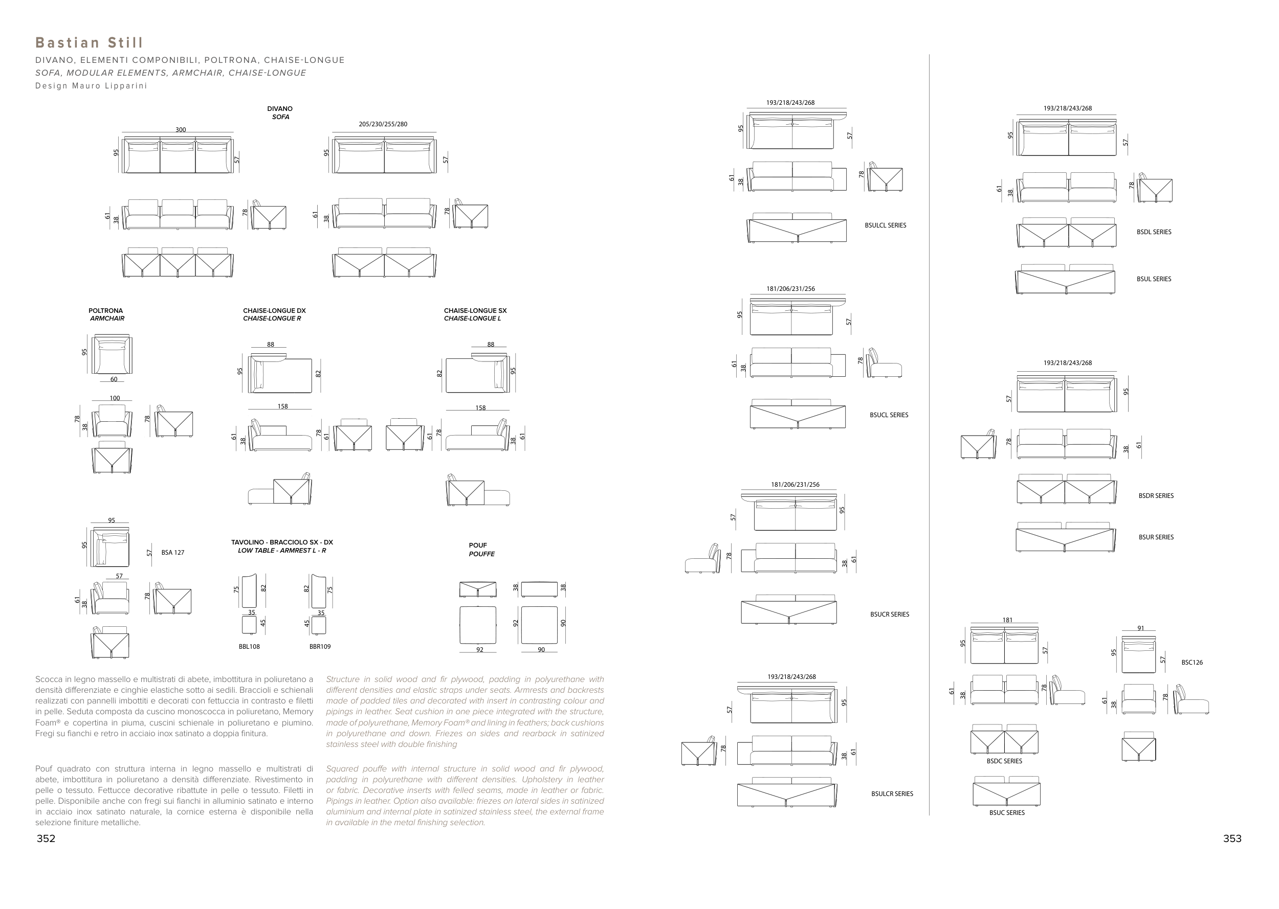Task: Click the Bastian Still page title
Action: point(90,43)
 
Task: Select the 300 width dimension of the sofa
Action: point(180,130)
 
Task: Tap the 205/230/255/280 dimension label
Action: point(383,124)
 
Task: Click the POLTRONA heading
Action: point(105,311)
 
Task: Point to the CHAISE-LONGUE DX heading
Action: point(274,311)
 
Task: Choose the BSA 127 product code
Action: point(172,553)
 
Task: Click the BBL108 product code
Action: point(249,647)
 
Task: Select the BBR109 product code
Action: point(320,647)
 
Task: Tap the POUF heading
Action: point(478,545)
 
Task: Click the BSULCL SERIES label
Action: point(886,225)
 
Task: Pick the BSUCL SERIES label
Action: point(889,415)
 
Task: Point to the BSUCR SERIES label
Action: point(889,615)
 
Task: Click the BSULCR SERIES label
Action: point(892,793)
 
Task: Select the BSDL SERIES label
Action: point(1154,232)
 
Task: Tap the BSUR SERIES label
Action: point(1156,537)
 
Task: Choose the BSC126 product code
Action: point(1192,663)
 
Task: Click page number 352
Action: point(46,838)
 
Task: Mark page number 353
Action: point(1232,838)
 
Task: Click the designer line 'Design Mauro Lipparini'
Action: point(91,86)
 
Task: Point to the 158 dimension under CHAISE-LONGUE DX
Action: point(283,406)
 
